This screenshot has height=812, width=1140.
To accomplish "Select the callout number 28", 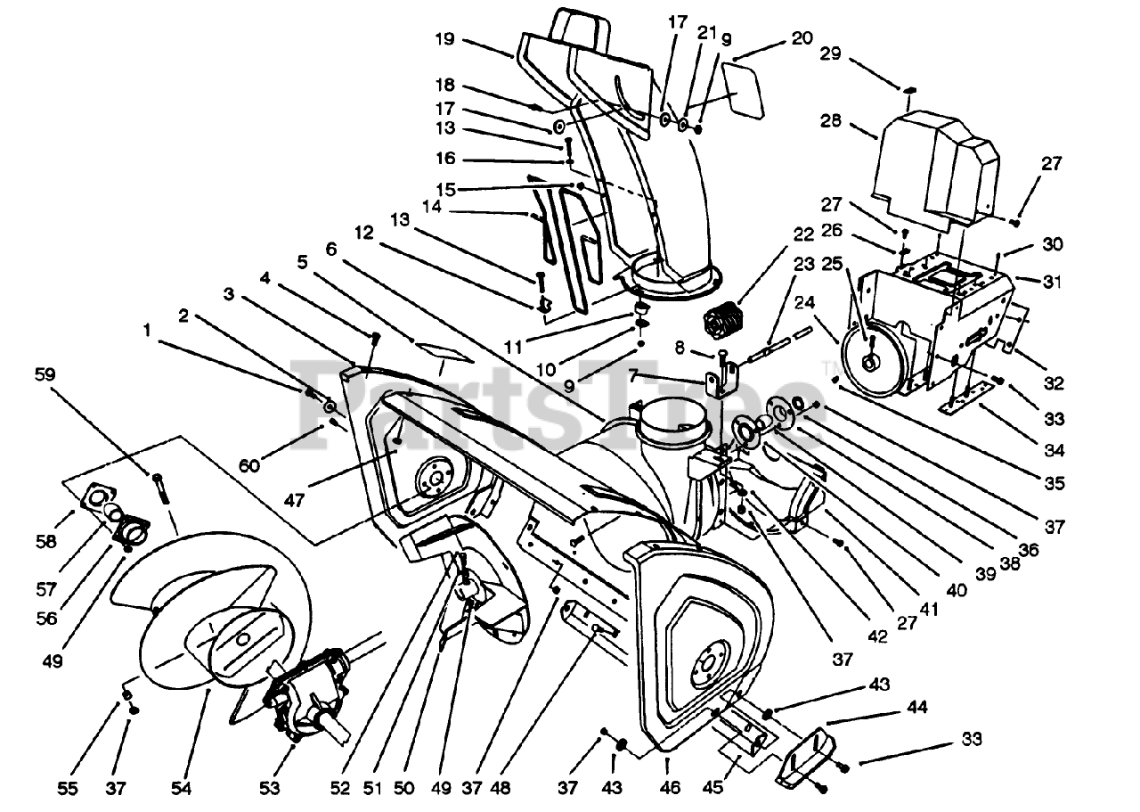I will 831,121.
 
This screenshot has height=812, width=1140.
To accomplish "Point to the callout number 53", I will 270,788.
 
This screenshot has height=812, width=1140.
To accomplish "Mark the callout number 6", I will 331,250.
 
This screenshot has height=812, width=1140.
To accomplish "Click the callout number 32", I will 1054,384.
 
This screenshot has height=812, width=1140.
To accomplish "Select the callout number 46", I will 670,788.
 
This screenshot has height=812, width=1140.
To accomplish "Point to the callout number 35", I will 1054,484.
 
